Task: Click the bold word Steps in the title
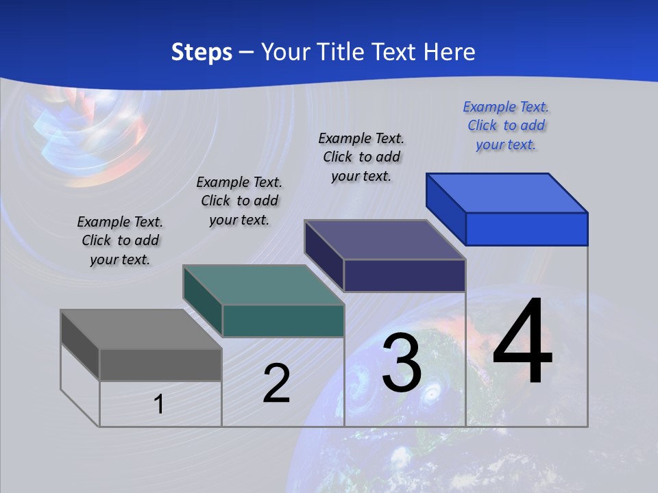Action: click(x=202, y=52)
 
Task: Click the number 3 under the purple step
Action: click(x=402, y=363)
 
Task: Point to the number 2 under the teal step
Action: click(x=276, y=383)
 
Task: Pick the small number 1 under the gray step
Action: click(x=159, y=404)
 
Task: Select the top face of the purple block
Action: click(x=384, y=240)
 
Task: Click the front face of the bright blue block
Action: click(x=526, y=229)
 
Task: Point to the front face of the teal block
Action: click(x=283, y=320)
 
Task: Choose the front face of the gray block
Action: click(x=160, y=364)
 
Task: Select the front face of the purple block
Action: click(x=404, y=275)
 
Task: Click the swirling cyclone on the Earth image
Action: click(x=432, y=394)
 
